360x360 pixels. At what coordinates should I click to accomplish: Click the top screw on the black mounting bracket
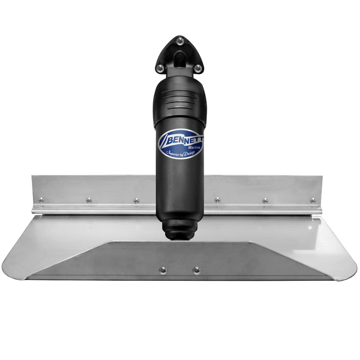[x=179, y=41]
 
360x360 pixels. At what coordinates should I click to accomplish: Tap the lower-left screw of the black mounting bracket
[x=160, y=67]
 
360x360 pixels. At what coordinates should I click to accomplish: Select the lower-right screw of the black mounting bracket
[x=197, y=67]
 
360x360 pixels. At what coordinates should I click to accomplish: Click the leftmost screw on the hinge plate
[x=41, y=200]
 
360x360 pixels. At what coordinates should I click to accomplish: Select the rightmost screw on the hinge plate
[x=313, y=200]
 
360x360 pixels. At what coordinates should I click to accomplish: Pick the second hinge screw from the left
[x=89, y=200]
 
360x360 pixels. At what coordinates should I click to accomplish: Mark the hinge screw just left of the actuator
[x=136, y=200]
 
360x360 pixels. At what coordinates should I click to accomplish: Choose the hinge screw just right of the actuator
[x=217, y=200]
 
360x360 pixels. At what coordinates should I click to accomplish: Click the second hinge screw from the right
[x=265, y=200]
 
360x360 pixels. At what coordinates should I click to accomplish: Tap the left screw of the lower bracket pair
[x=163, y=269]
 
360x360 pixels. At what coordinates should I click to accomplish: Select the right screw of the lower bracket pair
[x=196, y=269]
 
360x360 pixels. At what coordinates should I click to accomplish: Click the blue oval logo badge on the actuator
[x=180, y=143]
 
